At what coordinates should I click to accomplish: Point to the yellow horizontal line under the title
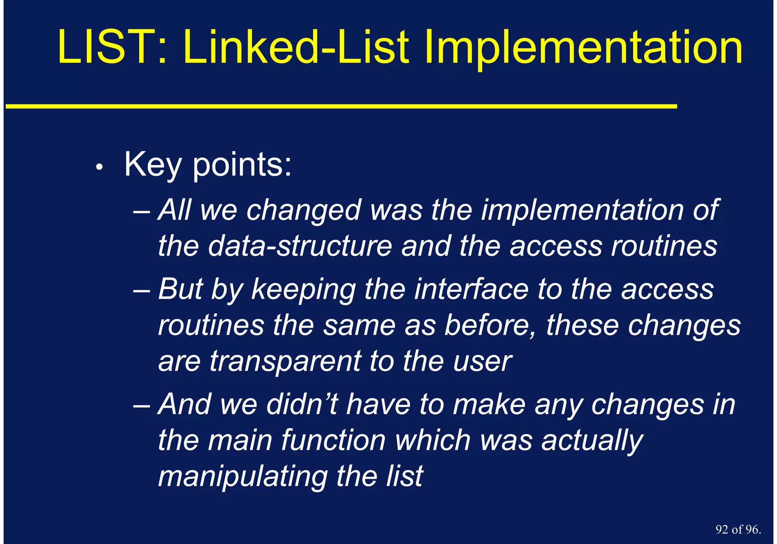point(341,107)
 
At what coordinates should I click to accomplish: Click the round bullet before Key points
point(99,167)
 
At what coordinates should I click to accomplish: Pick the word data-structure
point(300,246)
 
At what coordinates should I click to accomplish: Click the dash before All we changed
point(142,211)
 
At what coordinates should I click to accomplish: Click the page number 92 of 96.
point(738,530)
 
